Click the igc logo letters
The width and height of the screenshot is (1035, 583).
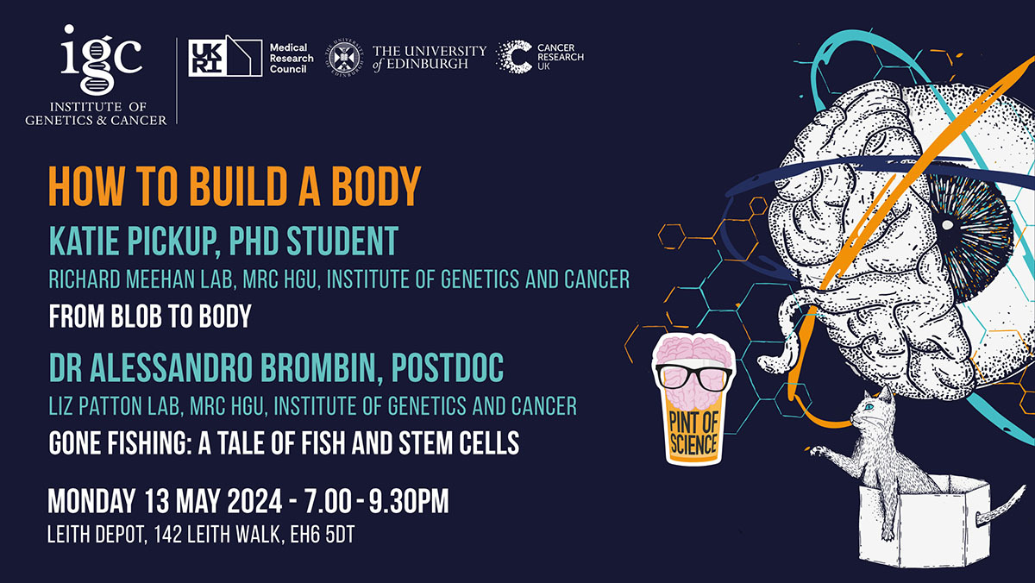[x=102, y=56]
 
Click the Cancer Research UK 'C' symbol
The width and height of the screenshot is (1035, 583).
[x=516, y=57]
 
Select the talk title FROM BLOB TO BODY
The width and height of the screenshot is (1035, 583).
[x=150, y=317]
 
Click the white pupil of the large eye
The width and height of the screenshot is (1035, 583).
[x=947, y=225]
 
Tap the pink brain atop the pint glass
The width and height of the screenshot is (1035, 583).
[x=694, y=354]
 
